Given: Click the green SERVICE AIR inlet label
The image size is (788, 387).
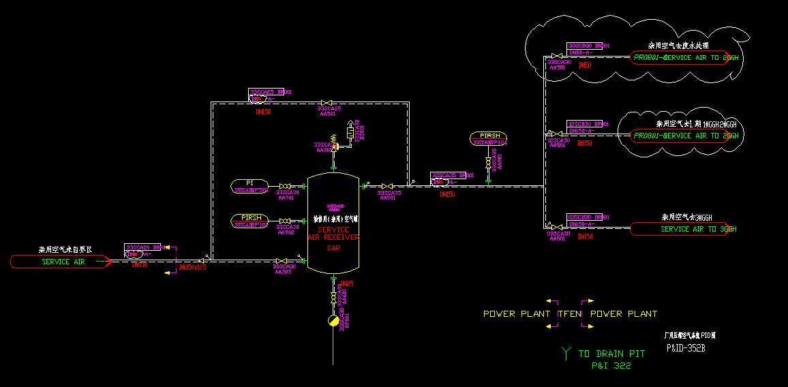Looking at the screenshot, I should coord(63,262).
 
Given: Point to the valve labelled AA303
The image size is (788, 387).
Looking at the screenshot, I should coord(281,260).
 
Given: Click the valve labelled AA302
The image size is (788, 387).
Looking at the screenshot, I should coord(285,220).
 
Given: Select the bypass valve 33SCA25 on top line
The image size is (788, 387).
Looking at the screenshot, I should coord(327,104).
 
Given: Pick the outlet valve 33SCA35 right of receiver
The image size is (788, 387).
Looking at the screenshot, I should coord(387,186).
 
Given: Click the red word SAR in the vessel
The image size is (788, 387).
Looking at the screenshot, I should coord(333,248).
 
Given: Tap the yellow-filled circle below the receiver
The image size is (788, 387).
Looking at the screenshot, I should coord(333,321).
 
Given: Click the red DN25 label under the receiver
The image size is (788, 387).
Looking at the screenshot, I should coord(346,283).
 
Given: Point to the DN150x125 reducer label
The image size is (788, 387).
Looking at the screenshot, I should coord(192,267).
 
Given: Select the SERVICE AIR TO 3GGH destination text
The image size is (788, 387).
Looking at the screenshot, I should coord(698,229).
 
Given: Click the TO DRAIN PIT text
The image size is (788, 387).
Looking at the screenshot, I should coord(611,354).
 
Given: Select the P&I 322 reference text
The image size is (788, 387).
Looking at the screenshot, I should coord(611,366).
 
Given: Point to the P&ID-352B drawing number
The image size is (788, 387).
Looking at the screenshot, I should coord(685,348).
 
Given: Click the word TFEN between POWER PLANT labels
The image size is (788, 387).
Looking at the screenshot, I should coord(570,314).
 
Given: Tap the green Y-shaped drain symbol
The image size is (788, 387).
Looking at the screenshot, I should coord(566,352).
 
